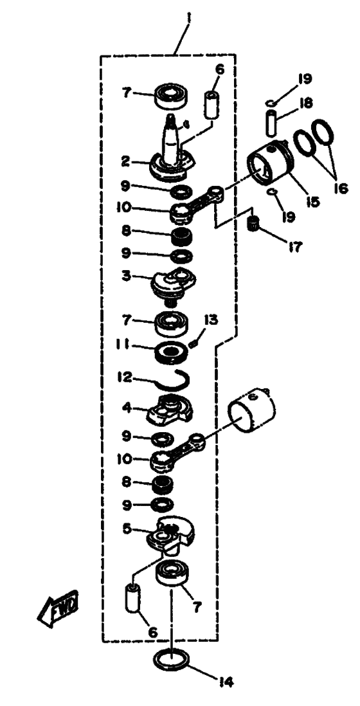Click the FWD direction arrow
coord(58,610)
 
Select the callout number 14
coord(228,683)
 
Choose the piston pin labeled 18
coord(271,122)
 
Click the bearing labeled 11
coord(171,352)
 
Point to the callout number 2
coord(128,161)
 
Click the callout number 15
coord(312,201)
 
